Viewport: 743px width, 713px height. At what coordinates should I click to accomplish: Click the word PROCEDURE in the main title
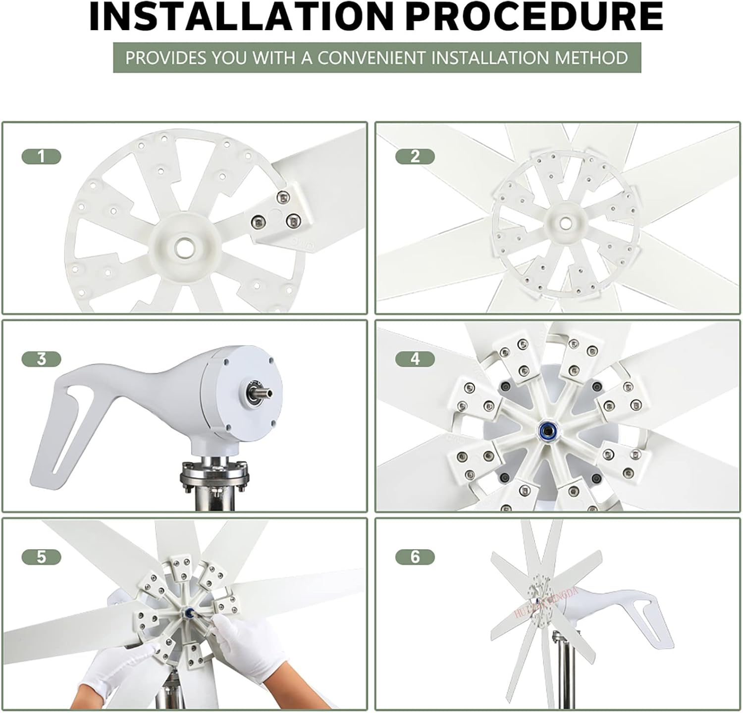(x=537, y=17)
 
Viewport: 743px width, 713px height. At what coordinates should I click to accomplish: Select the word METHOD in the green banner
(x=591, y=58)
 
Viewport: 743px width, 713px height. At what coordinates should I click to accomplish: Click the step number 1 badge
(x=41, y=157)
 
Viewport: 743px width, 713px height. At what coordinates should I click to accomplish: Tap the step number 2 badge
(x=415, y=157)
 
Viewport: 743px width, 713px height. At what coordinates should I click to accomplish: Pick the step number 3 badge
(x=41, y=359)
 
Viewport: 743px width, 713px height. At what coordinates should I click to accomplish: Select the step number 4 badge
(x=415, y=359)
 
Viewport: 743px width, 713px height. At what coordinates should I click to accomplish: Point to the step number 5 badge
(x=41, y=557)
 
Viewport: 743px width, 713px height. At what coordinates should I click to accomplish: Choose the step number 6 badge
(x=415, y=557)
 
